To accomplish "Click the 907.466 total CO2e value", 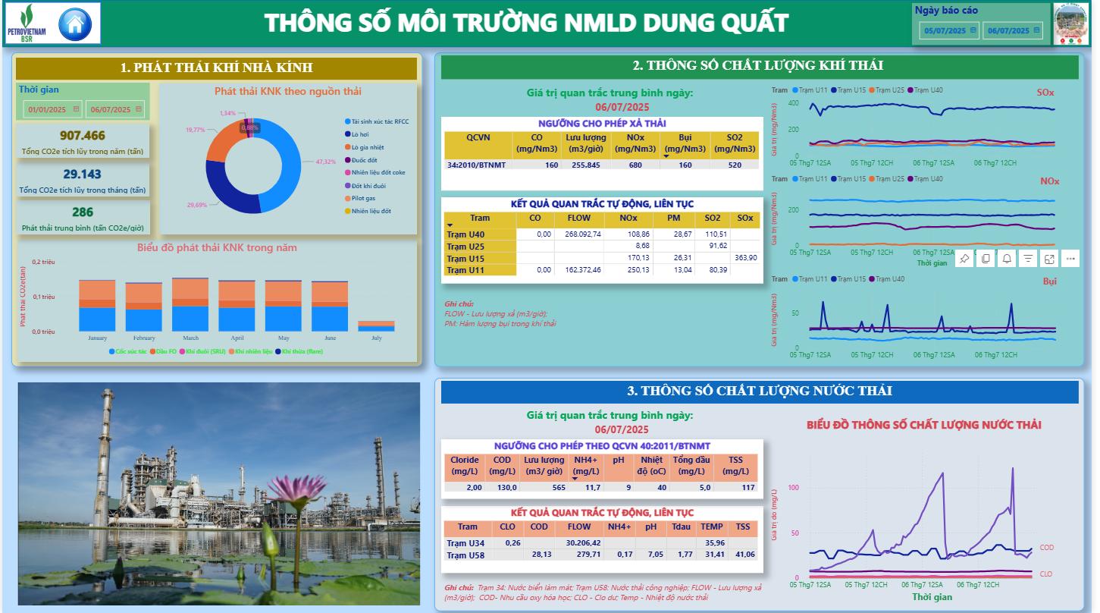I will point(83,136).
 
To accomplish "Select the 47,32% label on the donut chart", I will point(326,162).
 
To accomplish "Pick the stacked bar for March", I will point(190,304).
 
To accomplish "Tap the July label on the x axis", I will point(376,338).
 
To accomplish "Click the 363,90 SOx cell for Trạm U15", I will point(745,258).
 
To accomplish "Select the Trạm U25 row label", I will point(465,247).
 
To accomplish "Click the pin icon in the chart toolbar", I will point(964,259).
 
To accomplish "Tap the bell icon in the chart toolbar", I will point(1007,259).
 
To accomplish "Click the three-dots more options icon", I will point(1070,259).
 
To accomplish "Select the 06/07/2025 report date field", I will point(1012,31).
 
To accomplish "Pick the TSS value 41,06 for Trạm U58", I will point(744,555).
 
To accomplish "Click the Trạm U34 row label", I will point(465,543).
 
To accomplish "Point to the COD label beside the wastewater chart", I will point(1046,548).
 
